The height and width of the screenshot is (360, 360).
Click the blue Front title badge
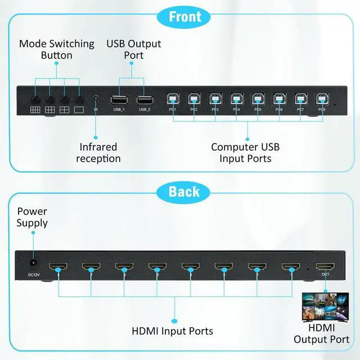pos(185,16)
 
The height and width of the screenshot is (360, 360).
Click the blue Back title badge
pos(184,192)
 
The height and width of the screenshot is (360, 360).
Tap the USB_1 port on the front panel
pos(119,100)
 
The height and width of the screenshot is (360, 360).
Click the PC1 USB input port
pos(173,98)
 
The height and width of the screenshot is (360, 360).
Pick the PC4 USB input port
pos(236,98)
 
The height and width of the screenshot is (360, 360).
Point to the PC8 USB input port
pos(321,98)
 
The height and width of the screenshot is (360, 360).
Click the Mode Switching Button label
pos(56,49)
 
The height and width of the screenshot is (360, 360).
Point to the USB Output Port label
pos(134,49)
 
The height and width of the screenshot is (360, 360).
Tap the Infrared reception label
pos(98,153)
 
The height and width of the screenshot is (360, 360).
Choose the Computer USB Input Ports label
pos(245,153)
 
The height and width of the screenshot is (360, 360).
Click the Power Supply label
pos(32,217)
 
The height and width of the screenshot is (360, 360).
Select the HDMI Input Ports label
pos(172,331)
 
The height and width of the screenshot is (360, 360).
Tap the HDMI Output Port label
pos(321,334)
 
